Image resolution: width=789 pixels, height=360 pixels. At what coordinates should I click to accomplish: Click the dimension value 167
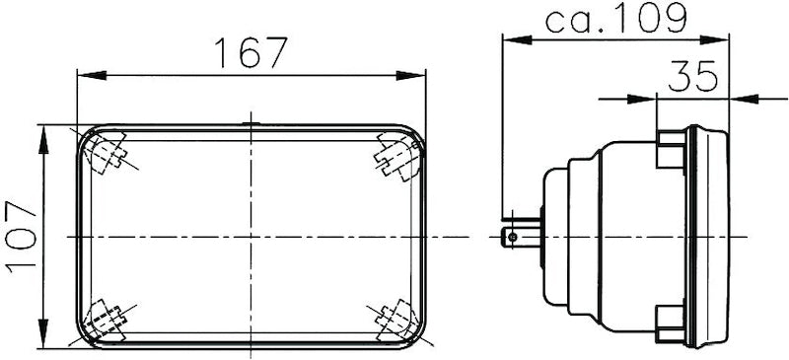tap(251, 52)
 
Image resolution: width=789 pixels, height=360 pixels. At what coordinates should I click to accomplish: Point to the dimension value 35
tap(692, 77)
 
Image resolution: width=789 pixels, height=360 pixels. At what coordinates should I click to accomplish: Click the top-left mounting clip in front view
tap(107, 155)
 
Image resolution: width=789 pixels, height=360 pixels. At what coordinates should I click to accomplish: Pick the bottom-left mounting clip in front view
tap(106, 320)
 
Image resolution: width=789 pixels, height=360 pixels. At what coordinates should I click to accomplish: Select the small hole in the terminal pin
tap(510, 237)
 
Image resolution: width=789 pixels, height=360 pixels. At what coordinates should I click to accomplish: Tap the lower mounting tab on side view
tap(671, 320)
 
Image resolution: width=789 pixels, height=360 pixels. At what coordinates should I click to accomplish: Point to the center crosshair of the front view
tap(251, 237)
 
